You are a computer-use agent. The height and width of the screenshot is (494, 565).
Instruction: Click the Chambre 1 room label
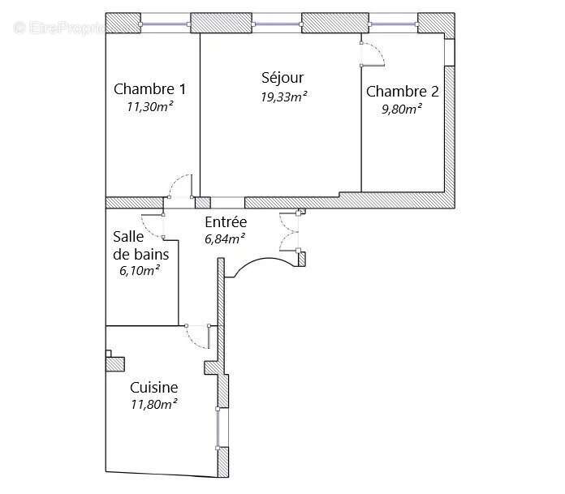[x=149, y=89]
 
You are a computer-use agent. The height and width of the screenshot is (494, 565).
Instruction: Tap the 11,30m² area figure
[x=149, y=105]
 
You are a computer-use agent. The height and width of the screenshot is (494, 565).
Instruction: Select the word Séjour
[x=282, y=79]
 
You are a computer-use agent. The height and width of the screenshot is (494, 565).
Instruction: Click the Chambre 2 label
[x=402, y=92]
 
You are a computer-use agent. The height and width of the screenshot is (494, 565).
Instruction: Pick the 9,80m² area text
[x=402, y=109]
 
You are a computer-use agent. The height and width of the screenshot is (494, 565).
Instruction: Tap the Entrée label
[x=226, y=222]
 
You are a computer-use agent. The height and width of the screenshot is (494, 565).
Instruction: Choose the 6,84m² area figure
[x=225, y=238]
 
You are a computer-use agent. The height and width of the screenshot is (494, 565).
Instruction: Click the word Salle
[x=129, y=236]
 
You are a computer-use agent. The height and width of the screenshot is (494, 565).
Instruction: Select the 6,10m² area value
[x=139, y=270]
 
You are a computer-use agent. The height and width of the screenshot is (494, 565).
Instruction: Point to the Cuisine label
[x=153, y=388]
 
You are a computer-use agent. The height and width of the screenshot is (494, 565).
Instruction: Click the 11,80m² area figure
[x=153, y=404]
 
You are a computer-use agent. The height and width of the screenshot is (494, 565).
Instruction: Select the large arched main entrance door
[x=261, y=265]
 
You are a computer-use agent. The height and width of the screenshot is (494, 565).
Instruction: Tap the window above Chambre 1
[x=165, y=25]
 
